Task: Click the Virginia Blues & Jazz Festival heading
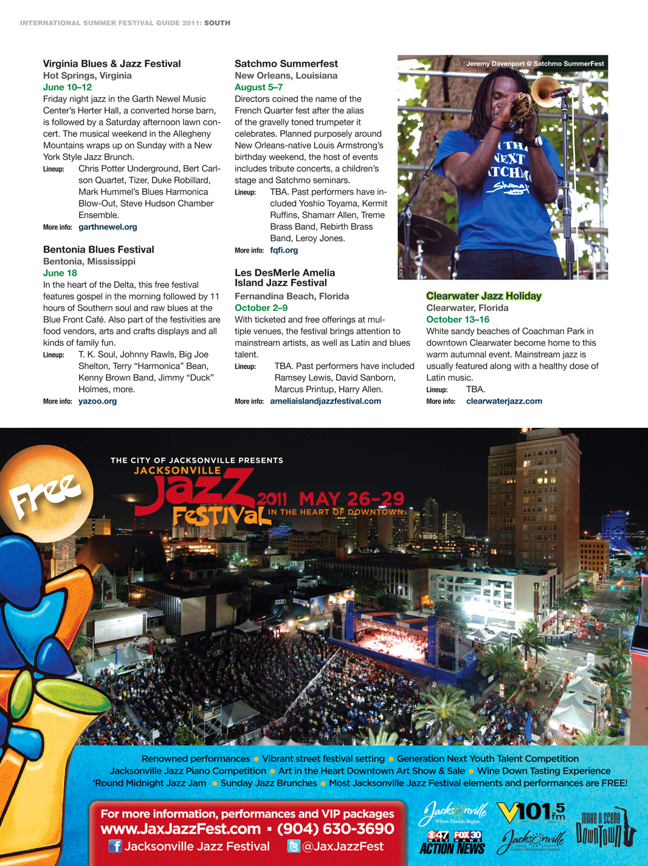[x=112, y=64]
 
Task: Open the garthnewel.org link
[x=108, y=227]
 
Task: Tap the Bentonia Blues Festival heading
[x=98, y=250]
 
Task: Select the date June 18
[x=60, y=273]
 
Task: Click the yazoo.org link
[x=97, y=402]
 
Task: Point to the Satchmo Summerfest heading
[x=286, y=64]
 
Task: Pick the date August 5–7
[x=258, y=88]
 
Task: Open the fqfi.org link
[x=284, y=250]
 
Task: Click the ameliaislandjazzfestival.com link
[x=325, y=402]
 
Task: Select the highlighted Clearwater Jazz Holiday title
[x=484, y=297]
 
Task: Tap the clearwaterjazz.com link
[x=504, y=402]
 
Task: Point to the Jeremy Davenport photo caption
[x=535, y=64]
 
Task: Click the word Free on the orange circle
[x=46, y=495]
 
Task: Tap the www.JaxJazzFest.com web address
[x=181, y=830]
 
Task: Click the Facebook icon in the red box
[x=115, y=847]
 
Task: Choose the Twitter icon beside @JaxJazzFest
[x=294, y=847]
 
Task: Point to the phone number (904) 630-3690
[x=336, y=830]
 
